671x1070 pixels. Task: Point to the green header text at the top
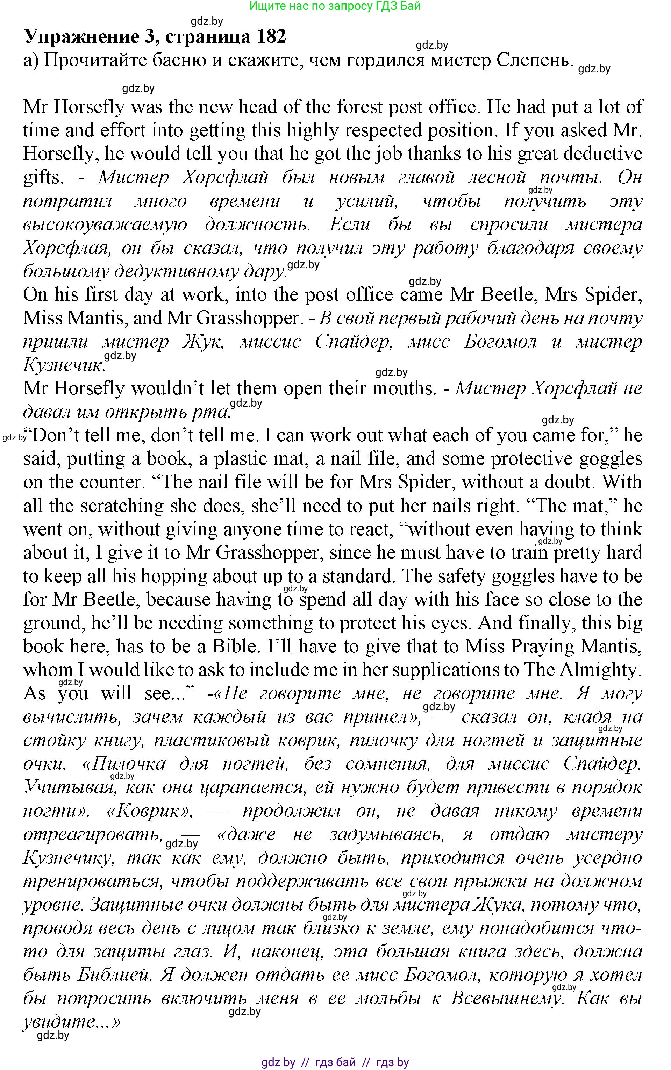click(x=335, y=6)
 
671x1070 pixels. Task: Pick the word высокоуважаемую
click(x=105, y=224)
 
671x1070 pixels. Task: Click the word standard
click(x=359, y=576)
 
